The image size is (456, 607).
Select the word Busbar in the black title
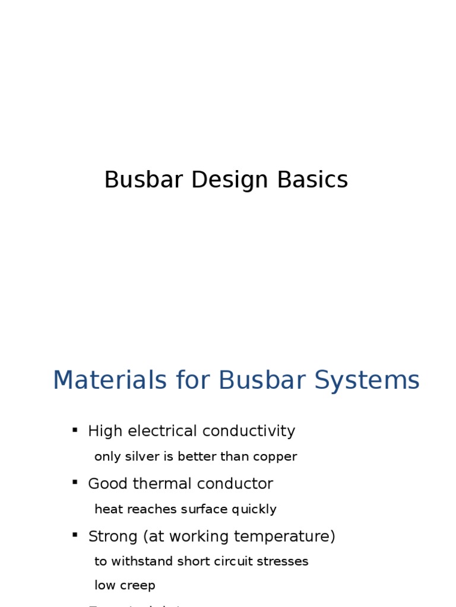tap(144, 180)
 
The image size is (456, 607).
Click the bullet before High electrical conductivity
tap(75, 430)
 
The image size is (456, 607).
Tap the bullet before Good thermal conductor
tap(75, 482)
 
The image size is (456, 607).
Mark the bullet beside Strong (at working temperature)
tap(75, 535)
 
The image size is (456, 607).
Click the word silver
tap(138, 456)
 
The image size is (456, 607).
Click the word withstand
tap(134, 561)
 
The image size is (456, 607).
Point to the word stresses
tap(289, 561)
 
